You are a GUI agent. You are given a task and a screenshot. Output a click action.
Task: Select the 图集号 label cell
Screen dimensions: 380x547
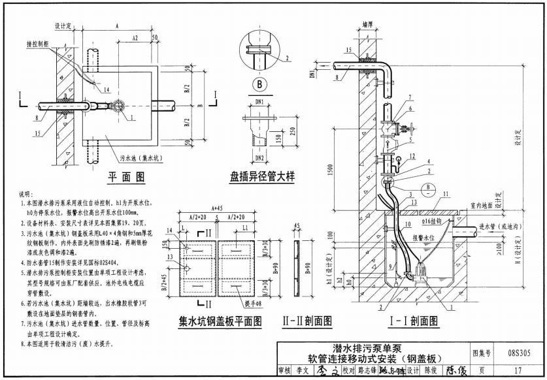[484, 353]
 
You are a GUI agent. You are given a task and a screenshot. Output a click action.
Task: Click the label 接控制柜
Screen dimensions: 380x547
[38, 44]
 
